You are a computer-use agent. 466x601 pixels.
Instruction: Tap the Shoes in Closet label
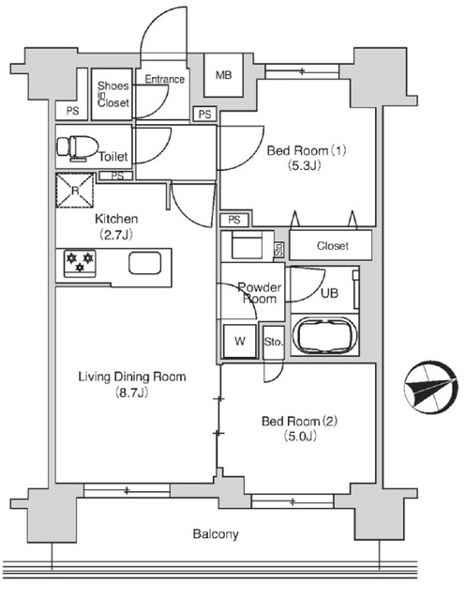tap(113, 95)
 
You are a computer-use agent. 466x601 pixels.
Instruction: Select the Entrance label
tap(164, 79)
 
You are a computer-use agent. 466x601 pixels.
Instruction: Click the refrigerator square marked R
tap(75, 190)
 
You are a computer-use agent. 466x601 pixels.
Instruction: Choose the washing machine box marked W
tap(239, 341)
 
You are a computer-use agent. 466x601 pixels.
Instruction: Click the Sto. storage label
tap(274, 342)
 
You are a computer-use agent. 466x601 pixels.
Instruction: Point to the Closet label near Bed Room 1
tap(332, 246)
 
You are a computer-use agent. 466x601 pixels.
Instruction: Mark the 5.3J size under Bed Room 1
tap(298, 167)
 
